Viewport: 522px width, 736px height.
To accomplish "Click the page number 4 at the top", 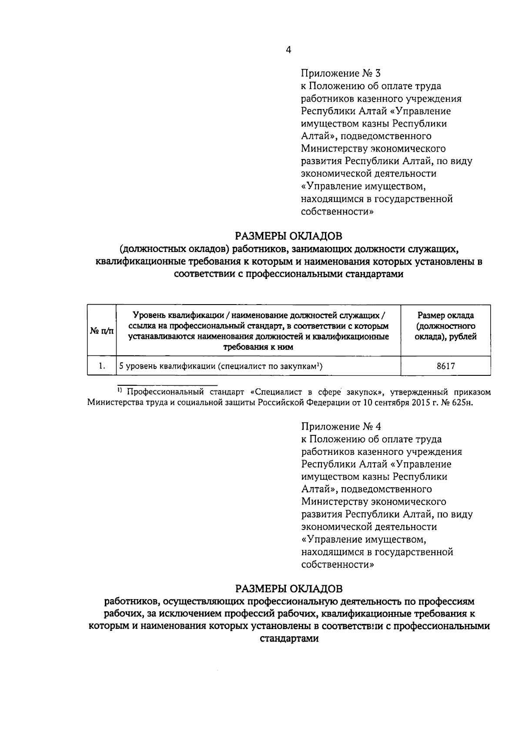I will (288, 50).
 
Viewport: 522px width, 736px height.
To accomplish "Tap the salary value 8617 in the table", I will (445, 366).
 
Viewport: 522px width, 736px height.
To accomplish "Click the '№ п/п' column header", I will (101, 331).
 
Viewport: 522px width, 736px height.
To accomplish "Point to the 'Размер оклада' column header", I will (445, 315).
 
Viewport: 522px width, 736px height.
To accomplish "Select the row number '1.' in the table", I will (101, 366).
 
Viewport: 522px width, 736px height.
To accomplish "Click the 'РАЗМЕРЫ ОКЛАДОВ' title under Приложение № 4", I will (289, 589).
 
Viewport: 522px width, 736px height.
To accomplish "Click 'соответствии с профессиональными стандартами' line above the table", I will (288, 275).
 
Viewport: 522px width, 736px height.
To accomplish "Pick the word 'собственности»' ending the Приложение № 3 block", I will (338, 212).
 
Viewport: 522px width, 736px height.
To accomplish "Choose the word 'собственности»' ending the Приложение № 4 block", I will (338, 564).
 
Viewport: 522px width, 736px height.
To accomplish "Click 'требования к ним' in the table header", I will (258, 347).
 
